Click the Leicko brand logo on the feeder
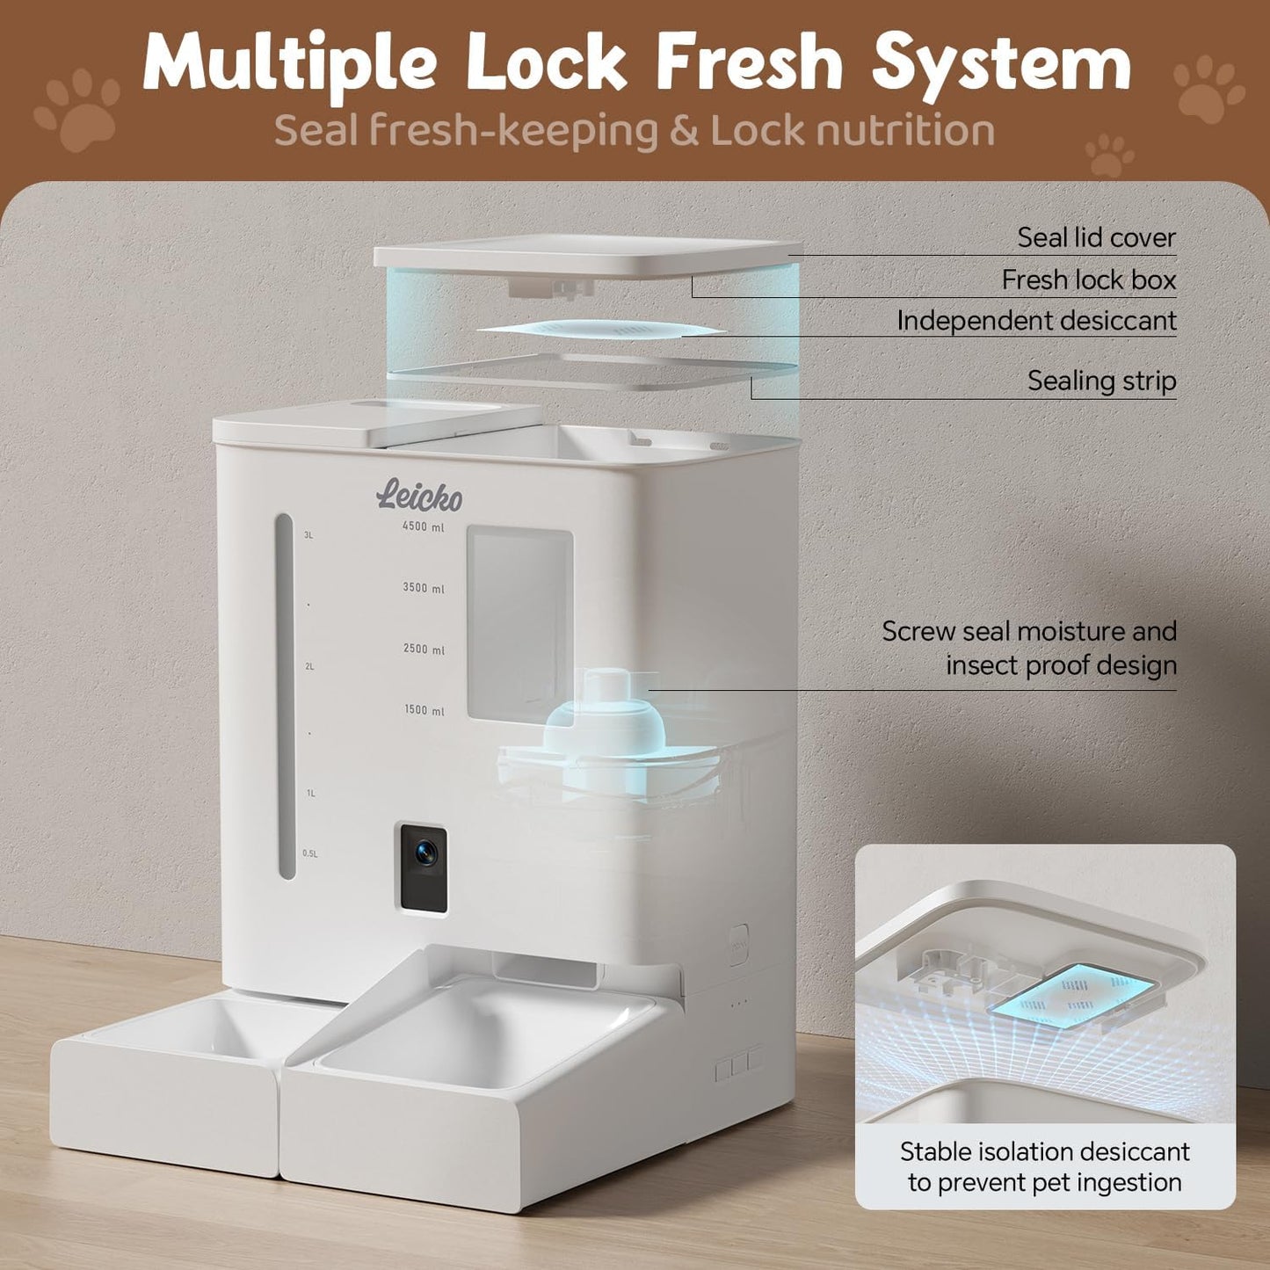point(419,495)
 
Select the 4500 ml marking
point(424,526)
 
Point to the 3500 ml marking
point(424,587)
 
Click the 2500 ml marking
point(424,650)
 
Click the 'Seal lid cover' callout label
point(1096,238)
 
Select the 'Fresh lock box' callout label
point(1089,280)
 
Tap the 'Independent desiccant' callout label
point(1037,321)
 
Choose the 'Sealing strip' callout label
point(1102,381)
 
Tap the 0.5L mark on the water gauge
point(310,853)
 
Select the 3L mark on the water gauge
point(308,535)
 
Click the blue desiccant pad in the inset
point(1071,995)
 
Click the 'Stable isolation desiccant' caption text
point(1045,1151)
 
